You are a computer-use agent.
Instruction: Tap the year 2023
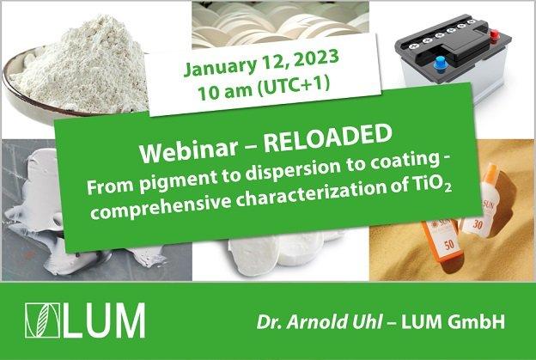316,58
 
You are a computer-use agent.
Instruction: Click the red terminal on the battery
494,35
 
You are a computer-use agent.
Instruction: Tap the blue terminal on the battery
441,64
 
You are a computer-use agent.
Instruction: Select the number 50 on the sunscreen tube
449,245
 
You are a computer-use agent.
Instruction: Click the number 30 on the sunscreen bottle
478,224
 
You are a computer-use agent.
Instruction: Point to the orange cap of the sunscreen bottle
490,174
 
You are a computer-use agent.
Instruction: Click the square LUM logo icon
42,320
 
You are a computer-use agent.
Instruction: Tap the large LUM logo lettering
104,320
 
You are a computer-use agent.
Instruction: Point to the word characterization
318,194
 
